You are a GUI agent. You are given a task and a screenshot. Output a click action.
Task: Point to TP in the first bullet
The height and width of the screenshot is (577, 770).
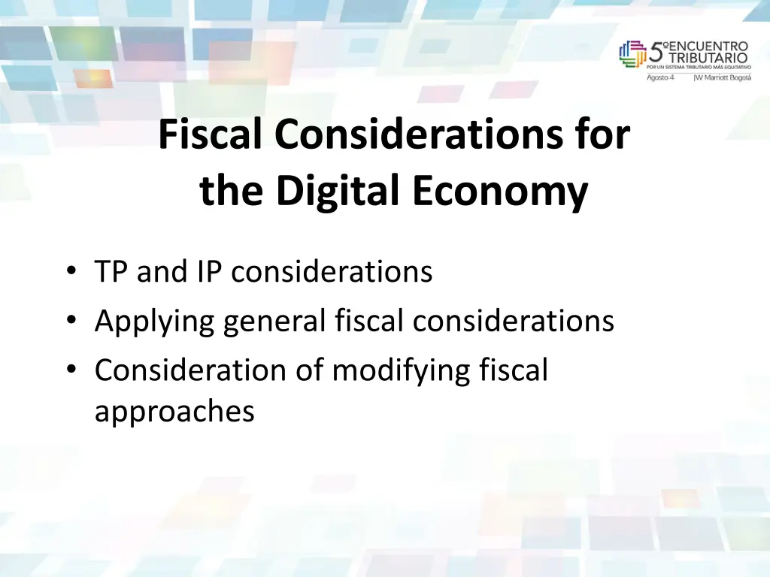(111, 271)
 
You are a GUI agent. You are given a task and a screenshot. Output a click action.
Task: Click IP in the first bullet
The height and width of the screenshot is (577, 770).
(210, 271)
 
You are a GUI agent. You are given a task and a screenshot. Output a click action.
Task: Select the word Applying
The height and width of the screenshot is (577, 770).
(153, 322)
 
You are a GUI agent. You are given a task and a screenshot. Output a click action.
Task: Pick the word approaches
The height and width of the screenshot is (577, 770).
(174, 412)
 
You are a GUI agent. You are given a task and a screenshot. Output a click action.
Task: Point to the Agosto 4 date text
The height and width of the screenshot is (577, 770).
(661, 77)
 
